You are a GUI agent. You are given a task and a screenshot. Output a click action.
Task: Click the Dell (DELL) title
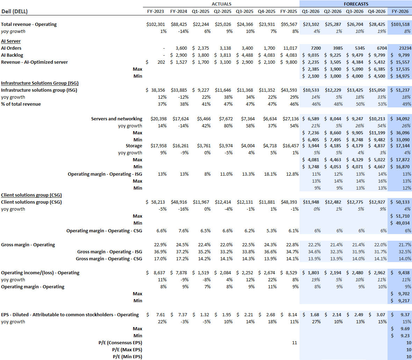tap(14, 11)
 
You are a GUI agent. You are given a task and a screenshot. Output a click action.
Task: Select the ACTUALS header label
tap(221, 4)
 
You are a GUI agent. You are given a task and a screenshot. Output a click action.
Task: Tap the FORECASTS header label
tap(356, 4)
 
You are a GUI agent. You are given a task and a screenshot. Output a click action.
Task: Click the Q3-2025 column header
tap(244, 11)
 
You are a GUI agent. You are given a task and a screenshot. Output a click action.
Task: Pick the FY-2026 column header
tap(400, 11)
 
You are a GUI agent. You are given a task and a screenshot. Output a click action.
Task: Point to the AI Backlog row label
tap(12, 55)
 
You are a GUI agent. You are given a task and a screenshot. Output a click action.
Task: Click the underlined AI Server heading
tap(11, 41)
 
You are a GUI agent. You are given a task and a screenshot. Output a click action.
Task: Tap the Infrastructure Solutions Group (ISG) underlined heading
tap(39, 83)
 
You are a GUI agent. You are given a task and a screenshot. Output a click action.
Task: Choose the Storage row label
tap(134, 146)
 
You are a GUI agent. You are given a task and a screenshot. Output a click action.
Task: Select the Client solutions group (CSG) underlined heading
tap(31, 195)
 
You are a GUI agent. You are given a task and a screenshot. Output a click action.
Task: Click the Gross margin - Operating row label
tap(28, 245)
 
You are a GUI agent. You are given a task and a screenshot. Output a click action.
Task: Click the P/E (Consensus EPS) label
tap(120, 343)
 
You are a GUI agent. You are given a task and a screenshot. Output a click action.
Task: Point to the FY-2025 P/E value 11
tap(294, 343)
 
